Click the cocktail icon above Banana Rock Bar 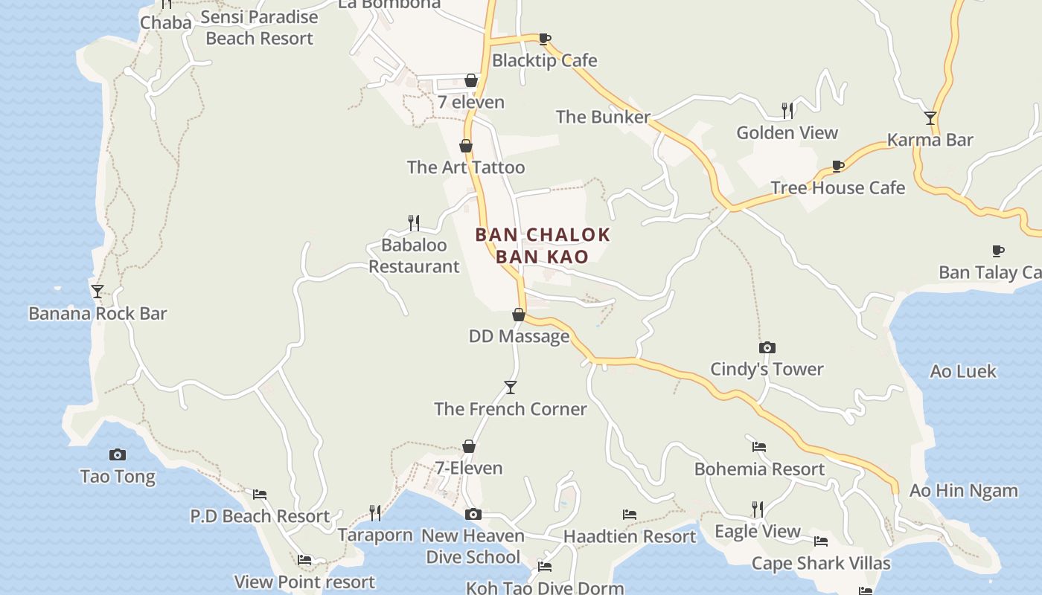(97, 291)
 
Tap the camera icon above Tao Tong (118, 454)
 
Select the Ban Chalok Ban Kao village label (543, 245)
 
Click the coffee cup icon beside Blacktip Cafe (545, 39)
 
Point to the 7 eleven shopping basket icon (471, 80)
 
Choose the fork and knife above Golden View (787, 111)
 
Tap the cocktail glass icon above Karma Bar (930, 118)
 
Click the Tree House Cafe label (837, 187)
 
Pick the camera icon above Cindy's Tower (767, 347)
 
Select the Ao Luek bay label (963, 371)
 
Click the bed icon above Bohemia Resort (759, 447)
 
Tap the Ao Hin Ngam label (963, 491)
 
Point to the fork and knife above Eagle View (758, 509)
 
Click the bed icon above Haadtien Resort (630, 515)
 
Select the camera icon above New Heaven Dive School (473, 514)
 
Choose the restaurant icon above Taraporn (375, 513)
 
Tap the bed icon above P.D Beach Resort (260, 494)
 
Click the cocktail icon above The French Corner (511, 387)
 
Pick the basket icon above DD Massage (519, 315)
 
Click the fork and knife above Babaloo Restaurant (414, 223)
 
